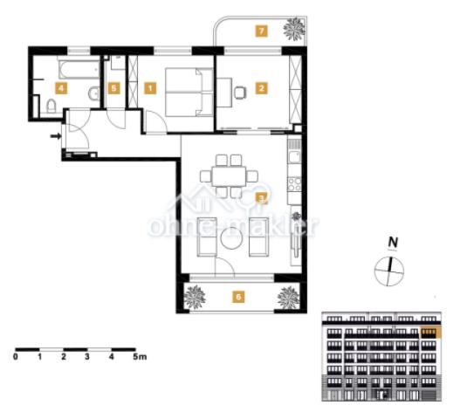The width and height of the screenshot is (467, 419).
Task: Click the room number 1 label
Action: pos(150,88)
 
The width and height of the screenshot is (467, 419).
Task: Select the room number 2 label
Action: pos(262,88)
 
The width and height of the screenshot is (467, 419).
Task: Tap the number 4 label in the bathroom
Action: pos(61,88)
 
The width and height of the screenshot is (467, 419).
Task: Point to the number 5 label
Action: pos(113,88)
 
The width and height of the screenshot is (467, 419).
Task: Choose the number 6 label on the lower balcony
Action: pos(238,297)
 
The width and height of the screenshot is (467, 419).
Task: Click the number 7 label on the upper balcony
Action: pos(262,31)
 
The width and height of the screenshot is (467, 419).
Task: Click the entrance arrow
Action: pos(56,136)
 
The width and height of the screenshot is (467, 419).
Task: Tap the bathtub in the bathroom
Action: pos(79,70)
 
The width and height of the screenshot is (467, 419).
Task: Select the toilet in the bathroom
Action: pos(52,106)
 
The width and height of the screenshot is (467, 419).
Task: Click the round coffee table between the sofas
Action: pos(231,238)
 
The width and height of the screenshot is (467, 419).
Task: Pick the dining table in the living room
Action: pos(229,176)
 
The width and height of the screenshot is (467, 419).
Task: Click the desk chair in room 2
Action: pos(240,93)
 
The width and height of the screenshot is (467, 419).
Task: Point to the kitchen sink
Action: pos(295,156)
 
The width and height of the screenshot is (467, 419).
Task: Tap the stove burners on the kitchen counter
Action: pos(294,183)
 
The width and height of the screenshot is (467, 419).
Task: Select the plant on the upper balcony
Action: pos(294,29)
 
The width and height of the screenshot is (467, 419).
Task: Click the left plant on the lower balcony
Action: pos(195,297)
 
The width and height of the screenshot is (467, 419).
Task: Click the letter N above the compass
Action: pos(393,243)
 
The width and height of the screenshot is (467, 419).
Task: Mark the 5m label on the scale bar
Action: pos(140,356)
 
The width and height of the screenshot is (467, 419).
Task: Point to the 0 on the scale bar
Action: pos(16,356)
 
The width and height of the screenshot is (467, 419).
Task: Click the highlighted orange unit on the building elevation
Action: pos(430,333)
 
